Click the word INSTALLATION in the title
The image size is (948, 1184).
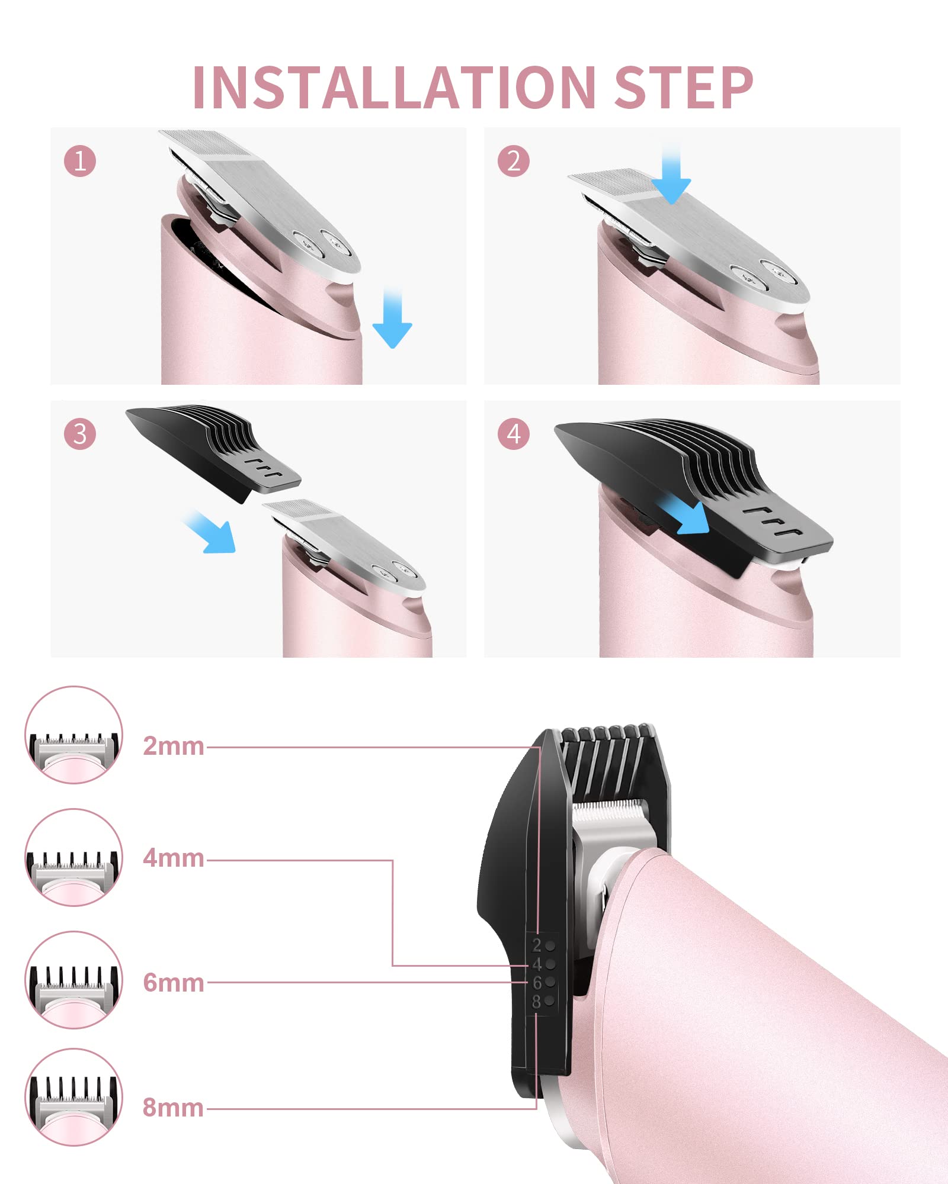[394, 88]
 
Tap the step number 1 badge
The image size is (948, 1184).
[80, 161]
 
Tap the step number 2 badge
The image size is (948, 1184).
[514, 161]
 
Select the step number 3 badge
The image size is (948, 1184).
[80, 434]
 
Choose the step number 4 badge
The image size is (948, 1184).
[514, 434]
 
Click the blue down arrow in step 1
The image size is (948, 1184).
[392, 320]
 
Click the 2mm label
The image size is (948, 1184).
[173, 746]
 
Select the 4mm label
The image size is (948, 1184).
[173, 858]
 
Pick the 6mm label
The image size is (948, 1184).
[173, 983]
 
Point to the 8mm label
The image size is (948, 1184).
[173, 1107]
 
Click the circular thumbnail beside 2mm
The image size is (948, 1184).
[74, 735]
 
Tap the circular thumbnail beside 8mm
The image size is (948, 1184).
[74, 1097]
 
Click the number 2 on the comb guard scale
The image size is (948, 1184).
[537, 945]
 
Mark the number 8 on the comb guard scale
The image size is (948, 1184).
[537, 1002]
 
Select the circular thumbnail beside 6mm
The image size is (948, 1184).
[74, 980]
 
